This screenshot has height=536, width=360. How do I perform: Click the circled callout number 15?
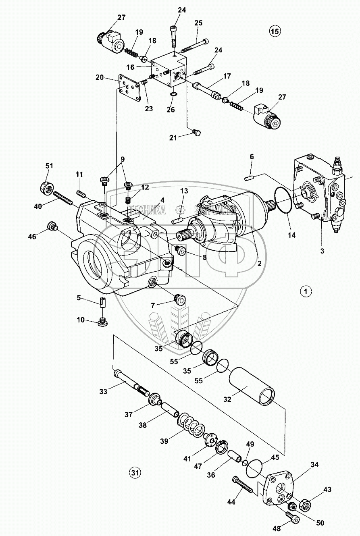pos(275,31)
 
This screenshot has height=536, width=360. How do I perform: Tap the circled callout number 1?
pos(306,291)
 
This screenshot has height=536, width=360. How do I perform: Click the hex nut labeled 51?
pos(48,187)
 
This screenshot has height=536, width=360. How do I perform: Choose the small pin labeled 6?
pos(250,177)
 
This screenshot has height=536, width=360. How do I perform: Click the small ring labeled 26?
pos(173,94)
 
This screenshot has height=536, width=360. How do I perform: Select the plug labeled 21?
pos(196,132)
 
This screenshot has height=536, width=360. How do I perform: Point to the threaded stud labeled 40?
pos(63,199)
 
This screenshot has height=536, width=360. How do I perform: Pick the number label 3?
pos(322,251)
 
